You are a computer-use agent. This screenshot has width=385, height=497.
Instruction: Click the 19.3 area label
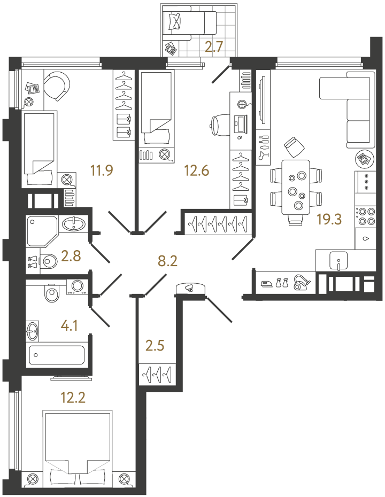tap(329, 219)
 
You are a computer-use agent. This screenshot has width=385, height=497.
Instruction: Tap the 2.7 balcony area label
tap(215, 47)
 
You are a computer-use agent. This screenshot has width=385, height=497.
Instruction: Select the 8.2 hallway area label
tap(167, 261)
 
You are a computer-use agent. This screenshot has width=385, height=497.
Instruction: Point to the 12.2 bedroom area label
tap(73, 397)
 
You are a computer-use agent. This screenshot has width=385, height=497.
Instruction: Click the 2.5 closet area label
tap(155, 346)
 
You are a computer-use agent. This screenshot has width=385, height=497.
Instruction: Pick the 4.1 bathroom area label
tap(70, 326)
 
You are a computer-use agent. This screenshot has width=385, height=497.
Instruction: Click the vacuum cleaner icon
tap(302, 282)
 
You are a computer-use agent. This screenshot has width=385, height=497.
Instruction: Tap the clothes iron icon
tap(267, 283)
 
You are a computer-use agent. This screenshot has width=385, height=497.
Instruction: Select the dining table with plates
tap(296, 187)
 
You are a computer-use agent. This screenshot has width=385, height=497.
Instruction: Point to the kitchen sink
tap(338, 261)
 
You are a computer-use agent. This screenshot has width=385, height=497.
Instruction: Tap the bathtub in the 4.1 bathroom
tap(57, 355)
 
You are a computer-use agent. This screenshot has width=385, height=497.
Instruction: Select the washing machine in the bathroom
tap(77, 287)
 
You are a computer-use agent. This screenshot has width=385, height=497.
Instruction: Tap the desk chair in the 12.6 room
tap(219, 126)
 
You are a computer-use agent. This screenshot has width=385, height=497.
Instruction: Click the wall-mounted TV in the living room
tap(262, 100)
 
